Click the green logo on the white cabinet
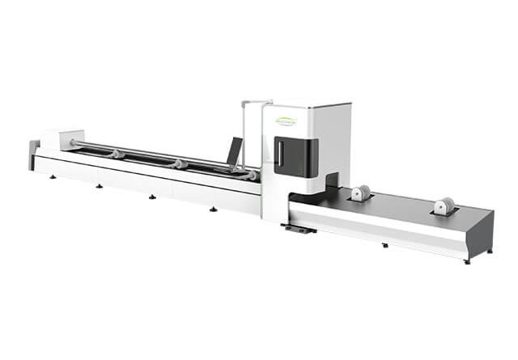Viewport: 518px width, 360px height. (x=287, y=121)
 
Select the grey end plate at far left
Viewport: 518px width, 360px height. (x=33, y=154)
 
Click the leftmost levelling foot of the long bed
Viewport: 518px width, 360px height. (x=53, y=176)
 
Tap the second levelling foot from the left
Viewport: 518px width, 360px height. (x=99, y=185)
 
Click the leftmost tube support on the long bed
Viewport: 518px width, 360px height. (x=118, y=154)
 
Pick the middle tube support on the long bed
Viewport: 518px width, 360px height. (x=180, y=164)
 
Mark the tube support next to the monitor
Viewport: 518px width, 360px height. (x=252, y=175)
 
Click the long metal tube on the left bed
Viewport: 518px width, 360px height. (x=146, y=153)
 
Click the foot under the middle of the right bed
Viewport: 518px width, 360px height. (x=384, y=244)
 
